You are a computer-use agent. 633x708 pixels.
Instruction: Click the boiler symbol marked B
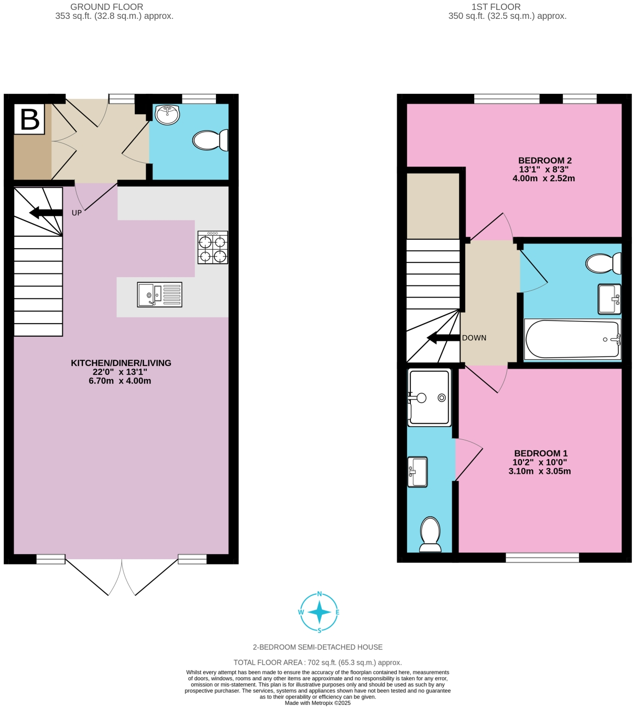(x=29, y=119)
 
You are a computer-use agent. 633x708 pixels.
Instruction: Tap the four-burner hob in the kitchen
(x=213, y=247)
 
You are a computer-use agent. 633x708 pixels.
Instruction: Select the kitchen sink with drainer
(x=160, y=294)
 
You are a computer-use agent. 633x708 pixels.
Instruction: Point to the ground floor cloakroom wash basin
(x=168, y=115)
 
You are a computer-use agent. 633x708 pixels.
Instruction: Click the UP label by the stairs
(x=77, y=213)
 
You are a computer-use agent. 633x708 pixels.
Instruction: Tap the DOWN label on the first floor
(x=474, y=338)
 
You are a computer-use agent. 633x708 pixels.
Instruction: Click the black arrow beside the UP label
(x=46, y=213)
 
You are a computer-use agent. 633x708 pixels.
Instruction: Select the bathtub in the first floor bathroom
(x=573, y=339)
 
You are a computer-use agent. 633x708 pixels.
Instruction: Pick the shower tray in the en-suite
(x=429, y=397)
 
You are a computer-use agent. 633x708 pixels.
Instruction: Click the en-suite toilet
(x=430, y=535)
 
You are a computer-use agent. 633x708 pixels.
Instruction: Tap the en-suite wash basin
(x=418, y=472)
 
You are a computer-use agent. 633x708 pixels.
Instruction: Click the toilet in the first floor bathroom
(x=604, y=263)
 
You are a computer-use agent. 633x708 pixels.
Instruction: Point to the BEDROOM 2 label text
(x=544, y=161)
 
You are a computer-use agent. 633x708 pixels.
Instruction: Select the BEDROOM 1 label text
(x=540, y=453)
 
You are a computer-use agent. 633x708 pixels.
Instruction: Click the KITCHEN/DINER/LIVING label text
(x=121, y=363)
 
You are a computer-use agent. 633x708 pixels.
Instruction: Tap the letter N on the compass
(x=319, y=594)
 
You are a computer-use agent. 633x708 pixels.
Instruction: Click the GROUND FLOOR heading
(x=106, y=7)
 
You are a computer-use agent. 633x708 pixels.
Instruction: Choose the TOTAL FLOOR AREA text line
(x=318, y=662)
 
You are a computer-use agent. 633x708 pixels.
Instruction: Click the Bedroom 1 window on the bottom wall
(x=542, y=558)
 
